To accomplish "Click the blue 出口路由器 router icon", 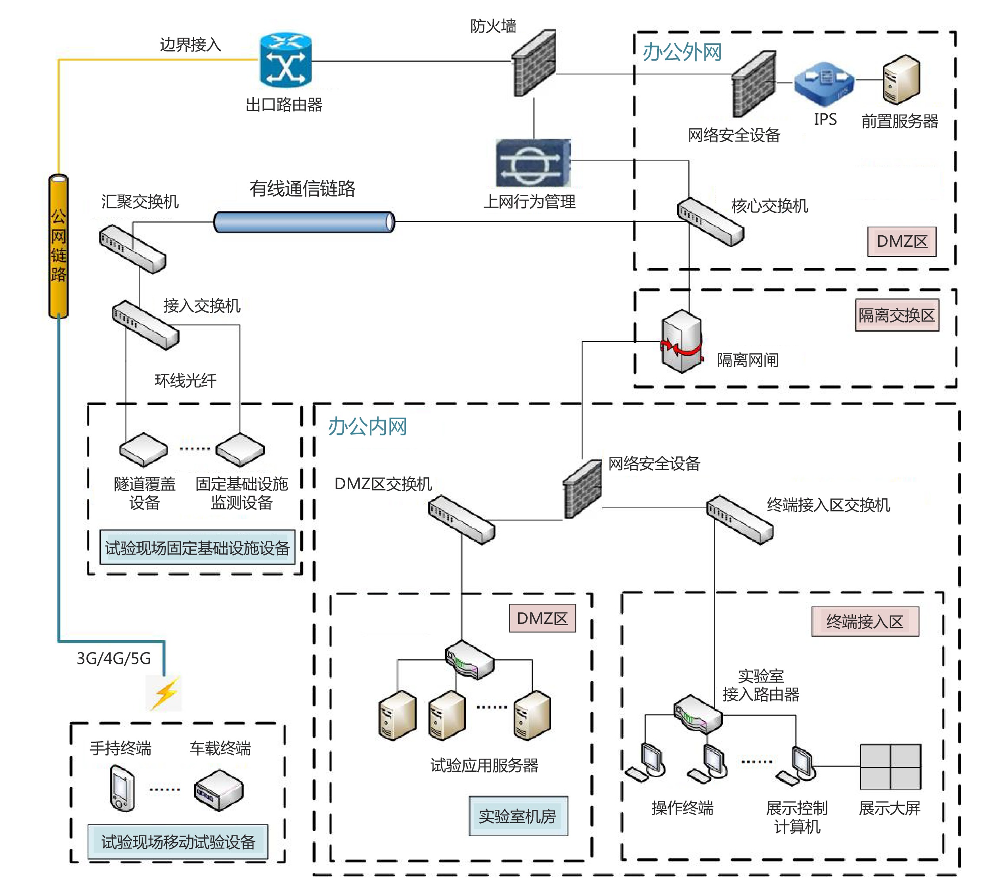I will coord(285,61).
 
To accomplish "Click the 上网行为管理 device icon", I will coord(533,163).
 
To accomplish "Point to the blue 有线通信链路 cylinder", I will coord(304,222).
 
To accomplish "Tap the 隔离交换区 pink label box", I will coord(897,315).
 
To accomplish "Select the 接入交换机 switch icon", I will coord(145,325).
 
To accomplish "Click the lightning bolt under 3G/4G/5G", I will coord(165,692).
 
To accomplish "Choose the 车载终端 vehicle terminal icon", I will coord(218,790).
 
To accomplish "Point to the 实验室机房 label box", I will coord(518,816).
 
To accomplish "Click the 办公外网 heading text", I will coord(682,52).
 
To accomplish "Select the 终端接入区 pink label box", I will coord(865,622).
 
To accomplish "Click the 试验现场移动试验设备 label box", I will coord(178,841).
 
